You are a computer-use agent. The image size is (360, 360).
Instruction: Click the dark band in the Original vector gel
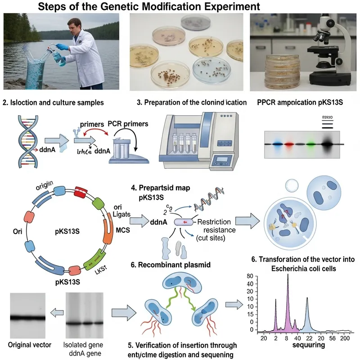pos(27,318)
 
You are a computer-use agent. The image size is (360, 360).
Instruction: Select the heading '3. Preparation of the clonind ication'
pos(191,102)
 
